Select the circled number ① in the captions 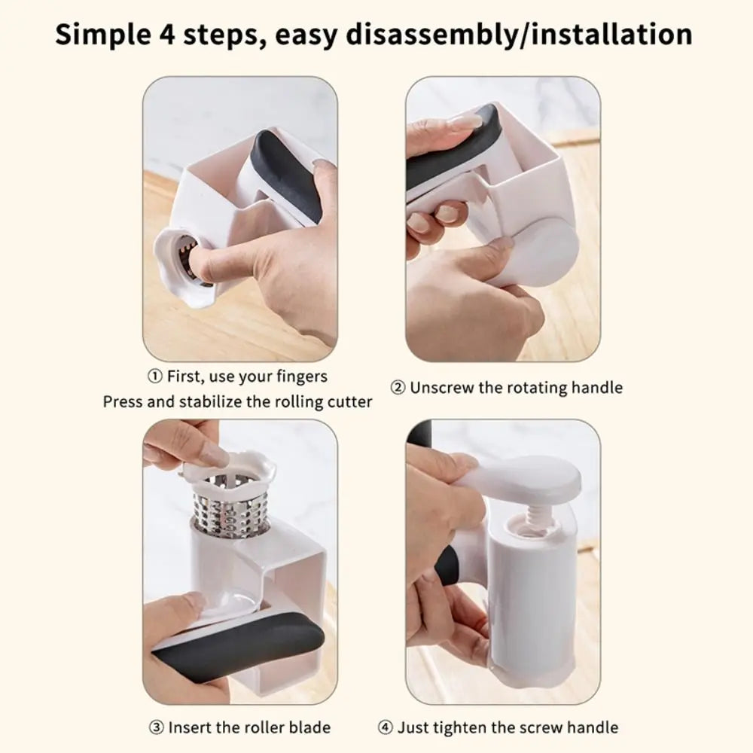point(153,376)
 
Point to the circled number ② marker point(398,388)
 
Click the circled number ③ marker point(156,727)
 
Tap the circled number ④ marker point(385,727)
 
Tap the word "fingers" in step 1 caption point(301,376)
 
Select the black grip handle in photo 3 point(241,644)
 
